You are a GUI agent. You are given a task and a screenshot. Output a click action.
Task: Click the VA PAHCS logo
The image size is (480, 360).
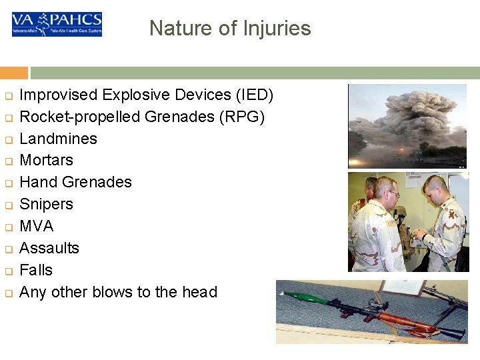click(x=57, y=24)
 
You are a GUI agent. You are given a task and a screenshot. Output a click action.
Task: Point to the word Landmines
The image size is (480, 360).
click(x=59, y=139)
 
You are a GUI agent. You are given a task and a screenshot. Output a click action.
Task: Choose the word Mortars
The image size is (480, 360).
click(x=47, y=161)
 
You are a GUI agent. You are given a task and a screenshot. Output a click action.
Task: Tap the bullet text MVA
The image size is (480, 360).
click(x=37, y=226)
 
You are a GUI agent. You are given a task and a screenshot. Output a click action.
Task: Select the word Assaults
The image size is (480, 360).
click(x=49, y=248)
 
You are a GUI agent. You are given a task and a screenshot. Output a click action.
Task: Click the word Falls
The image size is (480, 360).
click(x=36, y=270)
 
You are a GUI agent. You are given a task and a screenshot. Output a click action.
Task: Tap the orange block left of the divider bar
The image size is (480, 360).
click(x=14, y=73)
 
